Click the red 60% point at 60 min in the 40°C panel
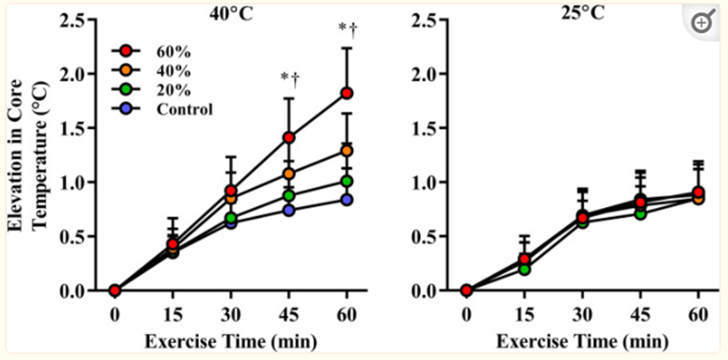[x=347, y=93]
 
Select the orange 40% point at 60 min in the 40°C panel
[x=347, y=151]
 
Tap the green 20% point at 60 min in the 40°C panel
[x=347, y=181]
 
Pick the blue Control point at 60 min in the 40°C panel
[x=347, y=199]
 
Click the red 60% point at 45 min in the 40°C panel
[x=290, y=137]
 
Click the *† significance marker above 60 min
[x=348, y=29]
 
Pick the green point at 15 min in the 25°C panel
[x=525, y=269]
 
